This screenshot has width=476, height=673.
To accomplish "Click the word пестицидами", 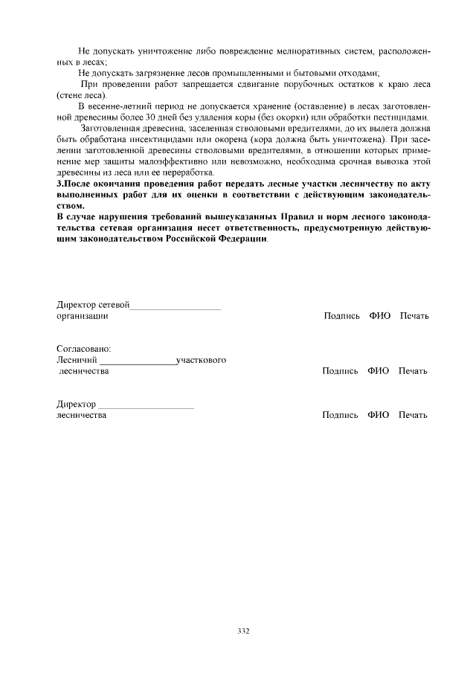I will [401, 119].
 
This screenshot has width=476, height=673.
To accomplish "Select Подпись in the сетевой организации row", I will [341, 316].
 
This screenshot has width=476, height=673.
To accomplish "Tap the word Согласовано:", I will [84, 349].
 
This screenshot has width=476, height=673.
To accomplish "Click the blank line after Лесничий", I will [138, 362].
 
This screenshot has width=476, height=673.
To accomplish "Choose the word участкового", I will [202, 361].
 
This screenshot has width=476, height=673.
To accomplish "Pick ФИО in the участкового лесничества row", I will [378, 371].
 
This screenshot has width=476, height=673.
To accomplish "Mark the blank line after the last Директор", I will [147, 406].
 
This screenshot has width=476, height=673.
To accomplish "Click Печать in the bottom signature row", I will [413, 415].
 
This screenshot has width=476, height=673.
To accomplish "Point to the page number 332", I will [243, 631].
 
